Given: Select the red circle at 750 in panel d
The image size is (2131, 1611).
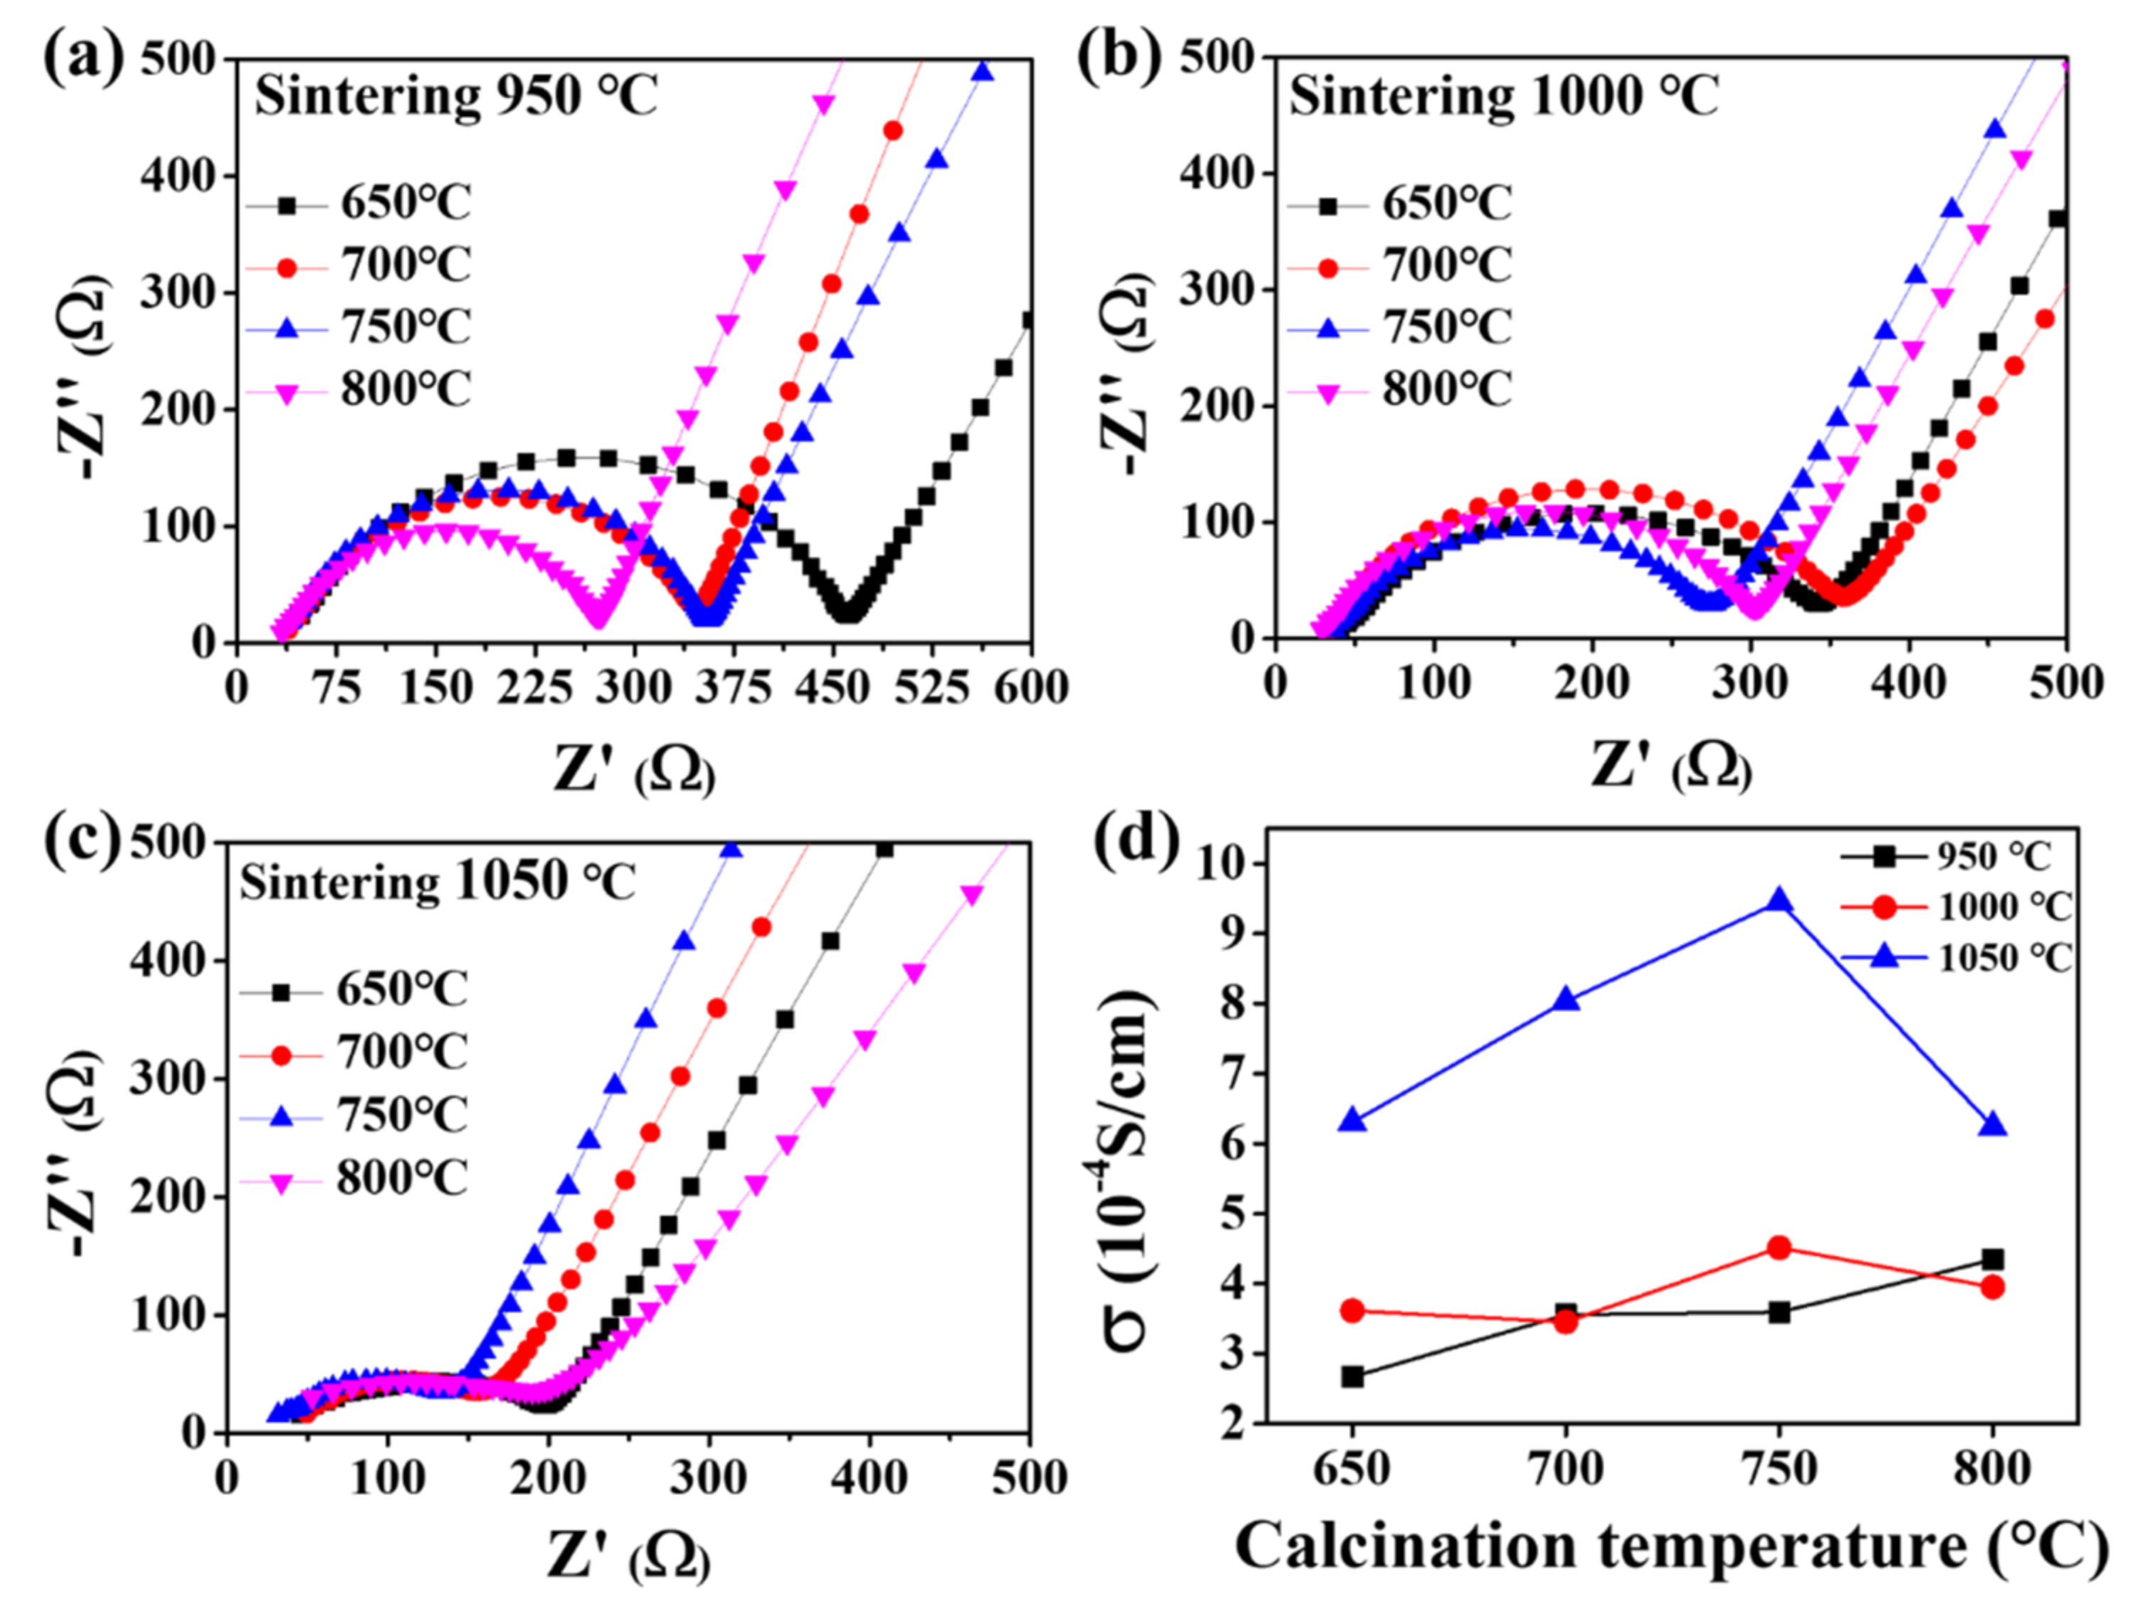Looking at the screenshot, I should (1779, 1248).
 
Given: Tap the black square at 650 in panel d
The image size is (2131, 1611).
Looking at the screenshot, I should (1352, 1377).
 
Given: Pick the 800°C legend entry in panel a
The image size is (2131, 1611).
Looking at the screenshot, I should (405, 390).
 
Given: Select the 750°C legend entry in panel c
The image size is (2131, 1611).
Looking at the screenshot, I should (401, 1114).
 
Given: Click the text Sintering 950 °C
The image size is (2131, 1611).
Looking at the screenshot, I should (456, 97).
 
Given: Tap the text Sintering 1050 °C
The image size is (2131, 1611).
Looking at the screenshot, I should (438, 882).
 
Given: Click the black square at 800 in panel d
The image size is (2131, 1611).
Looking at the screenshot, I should (1992, 1259).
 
